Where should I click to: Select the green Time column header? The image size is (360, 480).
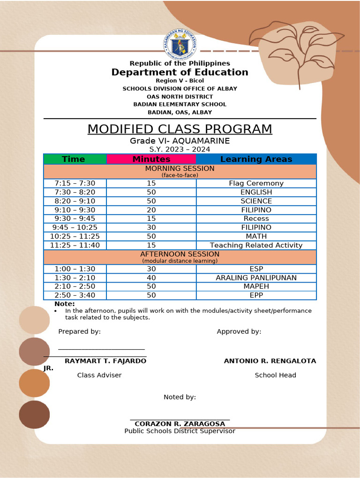tap(74, 159)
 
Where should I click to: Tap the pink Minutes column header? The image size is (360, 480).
tap(151, 159)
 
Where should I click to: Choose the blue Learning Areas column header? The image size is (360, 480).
tap(256, 159)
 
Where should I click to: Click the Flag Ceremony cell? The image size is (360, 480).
tap(256, 183)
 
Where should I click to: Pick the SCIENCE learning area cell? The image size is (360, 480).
tap(256, 201)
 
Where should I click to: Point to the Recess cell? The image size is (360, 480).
tap(256, 218)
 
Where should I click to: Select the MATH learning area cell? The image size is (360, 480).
tap(256, 236)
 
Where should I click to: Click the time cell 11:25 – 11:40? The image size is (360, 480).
tap(75, 245)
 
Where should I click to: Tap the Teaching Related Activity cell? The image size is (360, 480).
tap(256, 245)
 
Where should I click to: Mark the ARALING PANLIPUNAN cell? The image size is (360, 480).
tap(256, 277)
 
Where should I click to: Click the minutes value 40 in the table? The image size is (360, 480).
tap(151, 277)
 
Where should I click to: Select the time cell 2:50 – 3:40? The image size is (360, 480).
tap(75, 295)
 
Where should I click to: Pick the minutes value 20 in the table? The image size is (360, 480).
tap(151, 210)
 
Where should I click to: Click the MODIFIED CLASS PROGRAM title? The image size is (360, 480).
tap(180, 129)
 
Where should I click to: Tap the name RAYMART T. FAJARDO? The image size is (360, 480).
tap(105, 361)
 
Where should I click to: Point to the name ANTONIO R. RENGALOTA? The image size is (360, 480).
tap(270, 361)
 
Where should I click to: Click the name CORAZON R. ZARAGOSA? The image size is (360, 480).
tap(180, 424)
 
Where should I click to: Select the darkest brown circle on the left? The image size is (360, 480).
tap(34, 414)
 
